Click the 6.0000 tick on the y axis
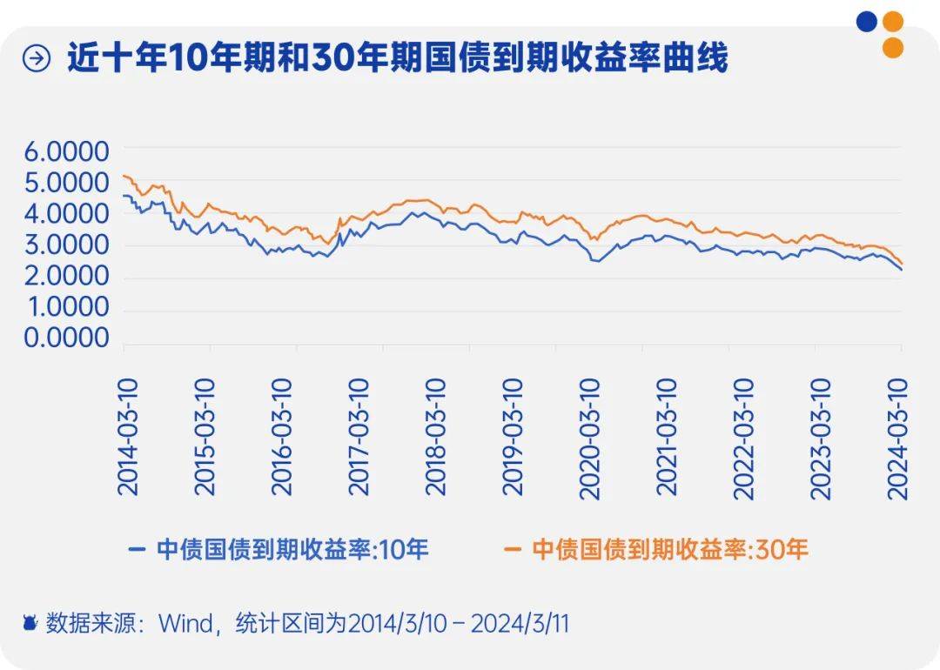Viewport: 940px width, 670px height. [x=66, y=152]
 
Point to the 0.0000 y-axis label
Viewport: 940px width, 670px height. [x=66, y=338]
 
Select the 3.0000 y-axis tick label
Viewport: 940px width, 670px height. [x=66, y=245]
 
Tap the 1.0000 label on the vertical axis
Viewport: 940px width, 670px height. [x=66, y=307]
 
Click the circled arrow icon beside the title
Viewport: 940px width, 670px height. [x=37, y=60]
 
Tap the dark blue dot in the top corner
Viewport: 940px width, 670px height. [x=866, y=22]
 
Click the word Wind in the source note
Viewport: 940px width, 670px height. [x=185, y=624]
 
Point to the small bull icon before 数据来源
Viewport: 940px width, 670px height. [x=30, y=624]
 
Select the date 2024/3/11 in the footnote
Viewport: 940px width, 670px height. [x=527, y=624]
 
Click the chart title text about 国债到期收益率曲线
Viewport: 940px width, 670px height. [x=397, y=59]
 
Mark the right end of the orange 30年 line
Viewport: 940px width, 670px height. [x=902, y=264]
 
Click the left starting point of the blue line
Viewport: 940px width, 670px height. [x=124, y=196]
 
